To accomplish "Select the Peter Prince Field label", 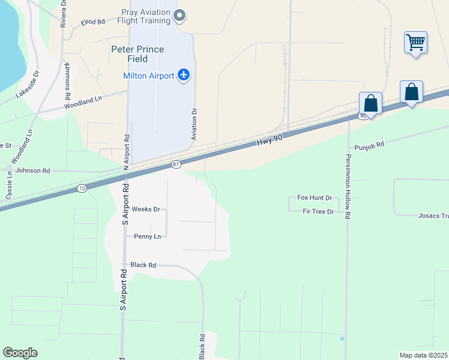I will [146, 49].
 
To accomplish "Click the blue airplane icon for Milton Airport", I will [183, 75].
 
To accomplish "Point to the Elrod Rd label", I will [93, 22].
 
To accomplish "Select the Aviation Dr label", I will [194, 124].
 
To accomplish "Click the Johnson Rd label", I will [33, 170].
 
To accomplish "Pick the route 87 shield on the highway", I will [175, 164].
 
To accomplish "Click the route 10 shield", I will [82, 188].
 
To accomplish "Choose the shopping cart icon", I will [415, 43].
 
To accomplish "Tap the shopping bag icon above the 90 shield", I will [370, 103].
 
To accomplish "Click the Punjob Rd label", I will [369, 146].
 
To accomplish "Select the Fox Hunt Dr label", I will [315, 197].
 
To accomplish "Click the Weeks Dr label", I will [146, 209].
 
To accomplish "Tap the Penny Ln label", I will [148, 236].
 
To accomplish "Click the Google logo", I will [20, 353].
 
